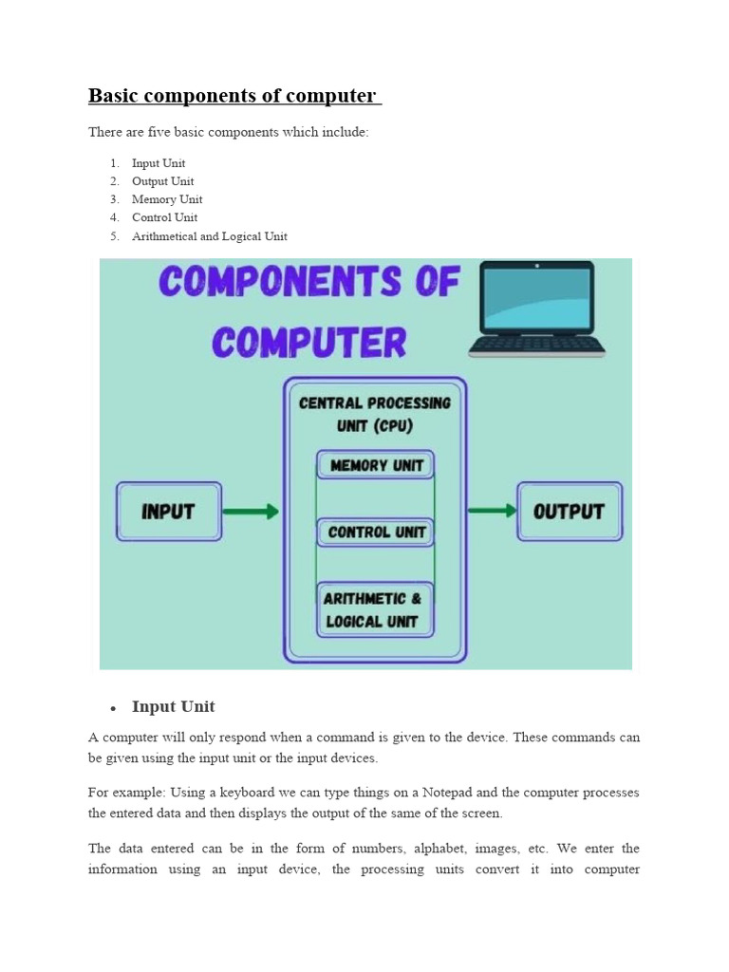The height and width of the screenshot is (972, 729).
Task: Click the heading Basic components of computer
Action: tap(233, 96)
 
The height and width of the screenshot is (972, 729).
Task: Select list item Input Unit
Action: tap(159, 163)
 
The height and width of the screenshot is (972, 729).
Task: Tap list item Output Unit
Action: tap(162, 181)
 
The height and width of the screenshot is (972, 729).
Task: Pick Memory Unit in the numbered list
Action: tap(167, 199)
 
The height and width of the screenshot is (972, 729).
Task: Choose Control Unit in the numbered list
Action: tap(165, 217)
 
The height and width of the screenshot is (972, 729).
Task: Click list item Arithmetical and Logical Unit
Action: tap(209, 236)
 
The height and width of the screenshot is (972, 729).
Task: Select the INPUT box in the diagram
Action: tap(169, 512)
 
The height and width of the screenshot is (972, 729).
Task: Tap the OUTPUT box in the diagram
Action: tap(570, 512)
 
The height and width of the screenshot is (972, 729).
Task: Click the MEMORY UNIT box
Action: tap(375, 465)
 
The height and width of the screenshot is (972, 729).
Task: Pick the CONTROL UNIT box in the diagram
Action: tap(376, 533)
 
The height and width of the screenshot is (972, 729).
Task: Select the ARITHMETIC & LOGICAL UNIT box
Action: tap(374, 610)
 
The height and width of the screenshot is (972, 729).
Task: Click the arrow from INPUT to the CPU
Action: tap(252, 512)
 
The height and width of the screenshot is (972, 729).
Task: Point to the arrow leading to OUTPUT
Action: tap(493, 511)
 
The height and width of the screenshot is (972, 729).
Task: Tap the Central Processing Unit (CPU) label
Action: tap(375, 414)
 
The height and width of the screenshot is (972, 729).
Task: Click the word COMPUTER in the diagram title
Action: tap(308, 342)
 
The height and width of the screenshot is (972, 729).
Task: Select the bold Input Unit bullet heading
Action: tap(174, 706)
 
